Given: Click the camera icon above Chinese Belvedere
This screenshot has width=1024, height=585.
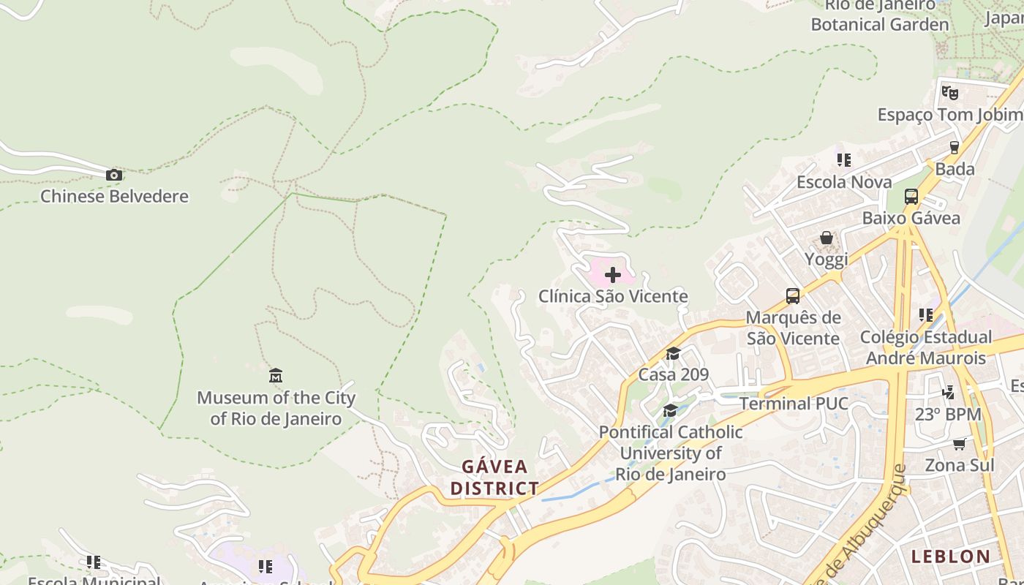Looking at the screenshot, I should point(113,175).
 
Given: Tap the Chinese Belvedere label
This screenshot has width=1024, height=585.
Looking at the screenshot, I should point(114,196).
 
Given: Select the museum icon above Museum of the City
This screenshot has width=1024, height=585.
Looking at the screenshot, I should point(276,376).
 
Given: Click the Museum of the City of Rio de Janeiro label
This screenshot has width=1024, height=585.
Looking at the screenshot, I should point(276,408).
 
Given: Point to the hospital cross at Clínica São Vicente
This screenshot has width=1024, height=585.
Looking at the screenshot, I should point(613,275).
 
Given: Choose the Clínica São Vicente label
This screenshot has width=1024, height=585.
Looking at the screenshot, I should point(613,296).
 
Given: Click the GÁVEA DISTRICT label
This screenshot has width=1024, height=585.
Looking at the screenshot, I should point(494,478).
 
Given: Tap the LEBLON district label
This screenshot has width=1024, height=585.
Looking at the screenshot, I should point(951,556).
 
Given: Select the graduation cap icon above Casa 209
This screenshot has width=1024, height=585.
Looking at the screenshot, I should point(673,354).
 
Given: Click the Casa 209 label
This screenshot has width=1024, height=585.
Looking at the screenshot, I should point(674,374).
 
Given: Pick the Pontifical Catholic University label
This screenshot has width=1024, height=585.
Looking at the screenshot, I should point(671,453).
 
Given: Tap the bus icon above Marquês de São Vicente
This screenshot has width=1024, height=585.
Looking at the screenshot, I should point(793,296).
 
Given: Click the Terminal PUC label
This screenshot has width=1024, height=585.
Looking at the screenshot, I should point(794,404).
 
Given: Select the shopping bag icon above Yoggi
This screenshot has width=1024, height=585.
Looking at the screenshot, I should point(827,238).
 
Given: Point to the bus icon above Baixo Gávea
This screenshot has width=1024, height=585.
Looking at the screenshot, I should point(911,197).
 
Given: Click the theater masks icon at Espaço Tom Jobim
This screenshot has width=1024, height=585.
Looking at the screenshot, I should point(949,93).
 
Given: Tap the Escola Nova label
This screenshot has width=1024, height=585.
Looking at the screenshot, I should point(844,181).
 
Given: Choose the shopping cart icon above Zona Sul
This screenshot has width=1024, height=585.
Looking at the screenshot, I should point(959,444).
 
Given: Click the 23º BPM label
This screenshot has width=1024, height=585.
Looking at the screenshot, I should point(948,414).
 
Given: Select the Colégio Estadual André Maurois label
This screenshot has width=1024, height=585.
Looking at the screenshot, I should point(926,347).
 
